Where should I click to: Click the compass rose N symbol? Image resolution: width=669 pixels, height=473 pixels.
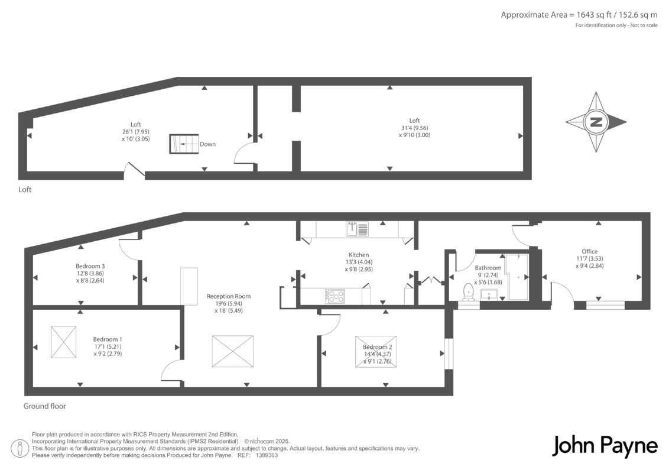coord(596,122)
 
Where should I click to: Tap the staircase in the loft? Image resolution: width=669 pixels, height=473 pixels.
coord(184,144)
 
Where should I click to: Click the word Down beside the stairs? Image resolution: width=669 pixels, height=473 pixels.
coord(208,144)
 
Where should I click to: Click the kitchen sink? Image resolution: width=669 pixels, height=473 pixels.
coord(357,229)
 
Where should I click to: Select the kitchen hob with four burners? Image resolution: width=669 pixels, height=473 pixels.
coord(335,296)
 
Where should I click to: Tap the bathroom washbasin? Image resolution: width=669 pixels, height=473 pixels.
coord(489,294)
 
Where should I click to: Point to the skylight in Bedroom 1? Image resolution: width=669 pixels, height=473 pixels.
coord(64,342)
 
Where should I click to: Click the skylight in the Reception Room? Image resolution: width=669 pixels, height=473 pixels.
coord(232,351)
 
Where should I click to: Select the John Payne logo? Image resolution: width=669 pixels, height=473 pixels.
coord(605,446)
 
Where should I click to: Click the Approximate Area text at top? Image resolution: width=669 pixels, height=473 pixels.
coord(579,15)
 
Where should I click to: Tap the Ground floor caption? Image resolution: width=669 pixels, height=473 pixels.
coord(45,406)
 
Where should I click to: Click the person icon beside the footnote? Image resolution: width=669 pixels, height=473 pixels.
coord(20,449)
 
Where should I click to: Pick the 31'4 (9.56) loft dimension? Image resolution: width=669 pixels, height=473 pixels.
coord(414,128)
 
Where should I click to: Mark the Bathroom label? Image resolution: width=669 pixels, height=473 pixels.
coord(488,268)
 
